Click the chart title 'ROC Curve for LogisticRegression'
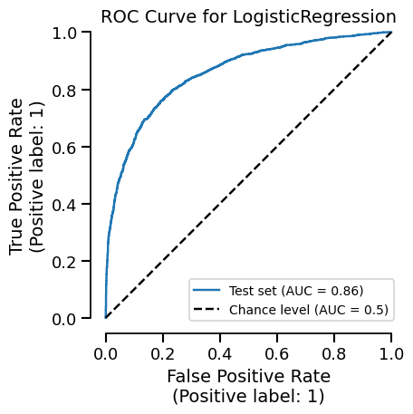(248, 16)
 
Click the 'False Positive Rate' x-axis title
(248, 376)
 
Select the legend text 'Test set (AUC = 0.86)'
(297, 291)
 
